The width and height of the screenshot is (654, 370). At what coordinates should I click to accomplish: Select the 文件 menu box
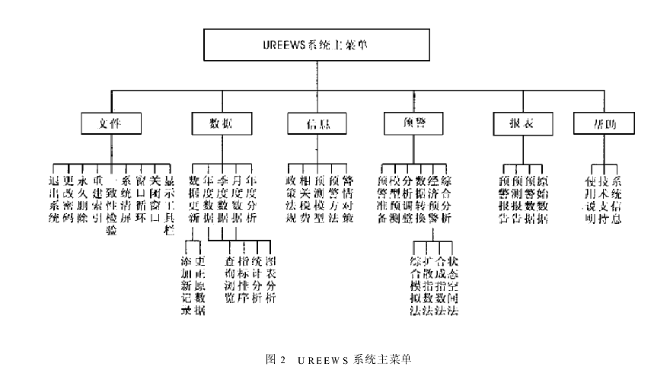111,123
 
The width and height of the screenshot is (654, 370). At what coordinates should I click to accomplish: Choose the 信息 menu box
317,123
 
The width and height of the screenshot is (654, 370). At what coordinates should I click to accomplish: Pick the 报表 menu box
513,123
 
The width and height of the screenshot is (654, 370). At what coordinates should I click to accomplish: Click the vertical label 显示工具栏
168,205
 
